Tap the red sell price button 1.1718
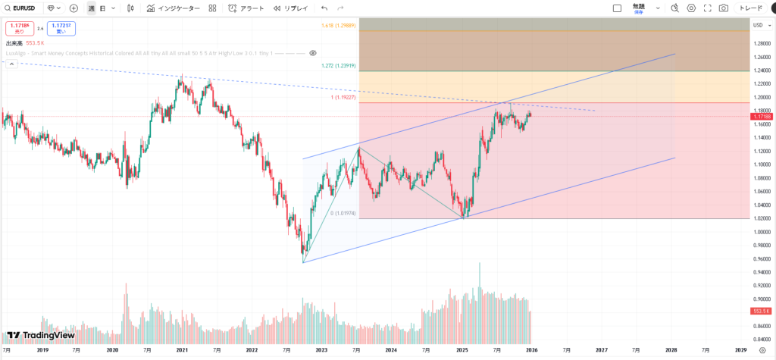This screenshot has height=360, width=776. (x=18, y=29)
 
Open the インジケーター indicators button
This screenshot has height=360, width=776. (x=174, y=8)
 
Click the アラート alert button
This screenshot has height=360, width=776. (x=246, y=8)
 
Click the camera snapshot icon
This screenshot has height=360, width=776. (x=724, y=8)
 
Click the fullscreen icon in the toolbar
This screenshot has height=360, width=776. (x=707, y=8)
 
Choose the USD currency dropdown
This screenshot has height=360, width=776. (x=759, y=25)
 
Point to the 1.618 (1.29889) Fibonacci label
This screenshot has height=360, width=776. (x=338, y=25)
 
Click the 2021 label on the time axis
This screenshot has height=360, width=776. (x=182, y=350)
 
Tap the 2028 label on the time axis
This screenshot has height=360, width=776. (x=671, y=350)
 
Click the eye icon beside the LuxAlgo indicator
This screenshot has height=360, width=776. (x=312, y=54)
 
